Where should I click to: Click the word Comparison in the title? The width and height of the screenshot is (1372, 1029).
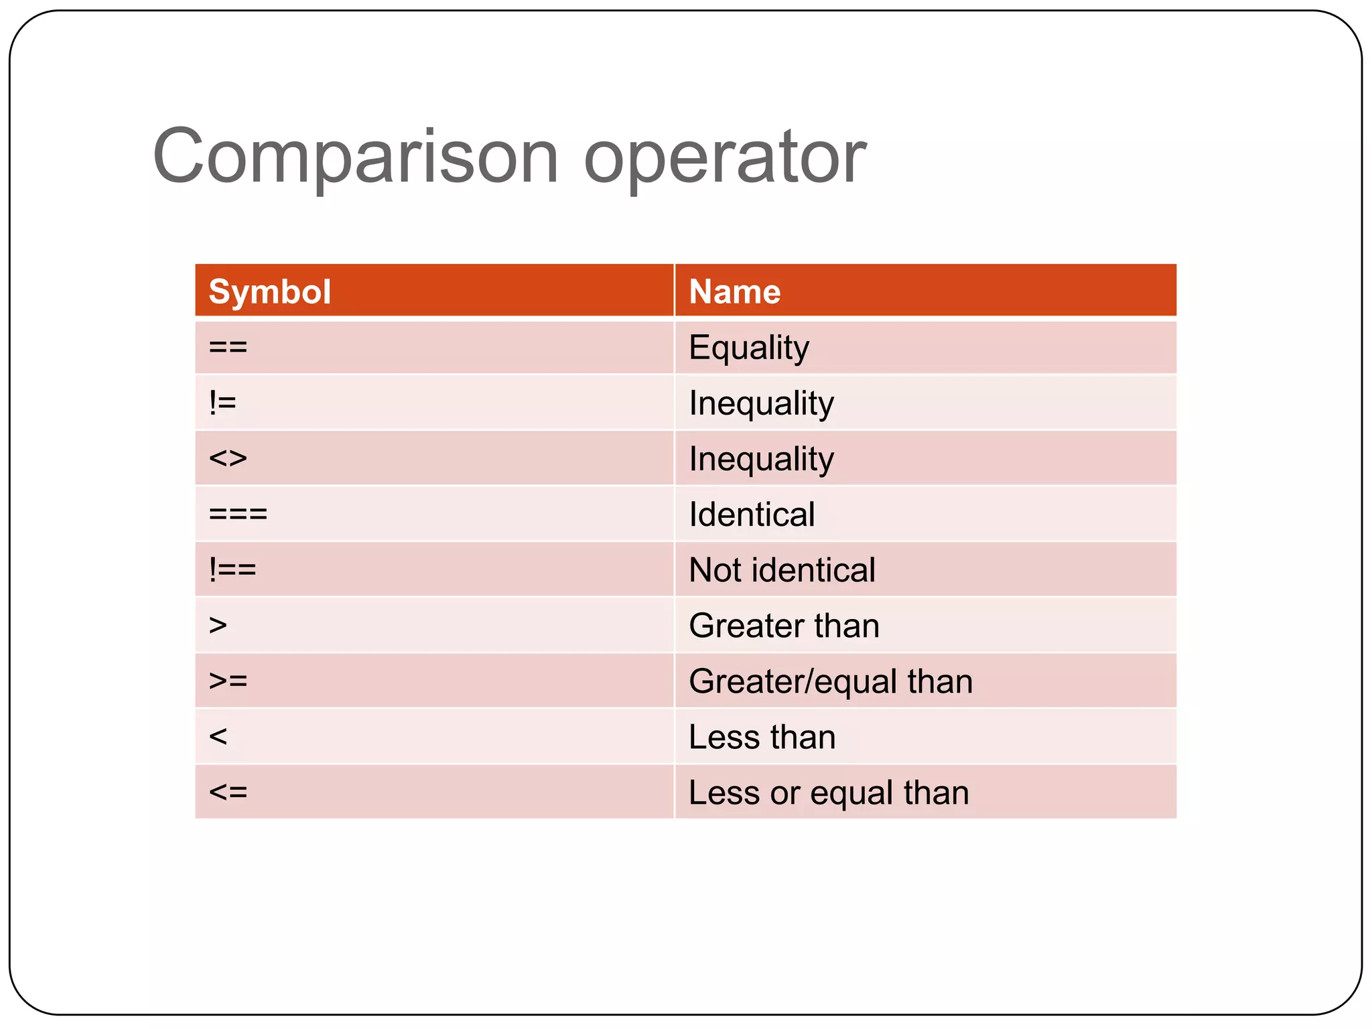[x=355, y=158]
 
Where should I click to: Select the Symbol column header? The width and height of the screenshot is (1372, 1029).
[x=269, y=292]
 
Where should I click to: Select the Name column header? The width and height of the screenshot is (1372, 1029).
[x=735, y=292]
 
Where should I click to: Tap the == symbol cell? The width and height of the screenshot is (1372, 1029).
[x=228, y=348]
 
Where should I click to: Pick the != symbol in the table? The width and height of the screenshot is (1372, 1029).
[x=222, y=403]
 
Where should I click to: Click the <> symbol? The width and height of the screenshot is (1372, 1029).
[x=228, y=459]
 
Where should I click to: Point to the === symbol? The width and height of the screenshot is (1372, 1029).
[x=238, y=514]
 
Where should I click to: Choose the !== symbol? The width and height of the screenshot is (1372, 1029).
[x=232, y=570]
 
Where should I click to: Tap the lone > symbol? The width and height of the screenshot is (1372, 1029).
[x=218, y=626]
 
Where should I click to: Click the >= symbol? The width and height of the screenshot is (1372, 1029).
[x=228, y=681]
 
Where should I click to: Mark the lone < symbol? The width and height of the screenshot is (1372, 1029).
[x=218, y=737]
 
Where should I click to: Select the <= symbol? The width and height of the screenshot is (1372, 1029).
[x=228, y=793]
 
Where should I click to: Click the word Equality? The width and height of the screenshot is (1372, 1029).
[x=749, y=348]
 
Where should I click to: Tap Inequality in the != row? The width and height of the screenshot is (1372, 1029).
[x=762, y=403]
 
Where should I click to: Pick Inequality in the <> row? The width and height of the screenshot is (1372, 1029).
[x=762, y=459]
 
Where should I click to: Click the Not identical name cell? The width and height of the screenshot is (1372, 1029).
[x=782, y=570]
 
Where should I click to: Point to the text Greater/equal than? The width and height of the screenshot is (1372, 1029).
[x=831, y=681]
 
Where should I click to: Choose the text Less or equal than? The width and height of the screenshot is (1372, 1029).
[x=829, y=793]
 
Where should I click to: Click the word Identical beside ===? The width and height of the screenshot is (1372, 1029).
[x=752, y=514]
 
